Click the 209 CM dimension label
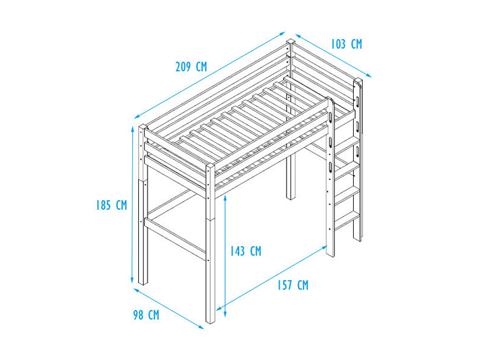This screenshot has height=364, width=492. pyautogui.click(x=191, y=67)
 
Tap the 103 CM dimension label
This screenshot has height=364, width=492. pyautogui.click(x=346, y=44)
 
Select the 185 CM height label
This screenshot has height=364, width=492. pyautogui.click(x=111, y=205)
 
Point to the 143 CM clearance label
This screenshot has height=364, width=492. pyautogui.click(x=245, y=251)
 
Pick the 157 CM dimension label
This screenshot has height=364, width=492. pyautogui.click(x=293, y=285)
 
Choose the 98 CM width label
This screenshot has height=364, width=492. pyautogui.click(x=146, y=315)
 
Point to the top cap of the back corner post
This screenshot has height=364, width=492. pyautogui.click(x=291, y=41)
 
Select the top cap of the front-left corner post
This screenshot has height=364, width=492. pyautogui.click(x=143, y=127)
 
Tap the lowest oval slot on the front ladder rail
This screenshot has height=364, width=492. pyautogui.click(x=330, y=166)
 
